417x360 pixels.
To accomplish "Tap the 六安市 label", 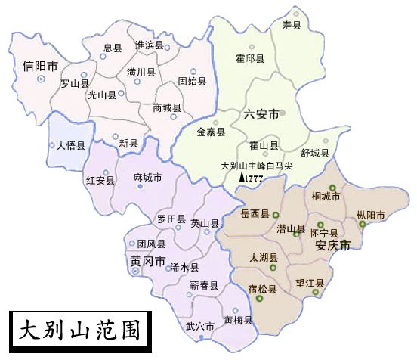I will tap(261, 114).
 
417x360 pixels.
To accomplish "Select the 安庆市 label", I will tap(332, 245).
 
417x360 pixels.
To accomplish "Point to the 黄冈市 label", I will tap(147, 261).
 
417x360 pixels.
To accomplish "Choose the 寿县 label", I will tap(291, 26).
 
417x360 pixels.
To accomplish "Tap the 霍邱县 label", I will tap(250, 57).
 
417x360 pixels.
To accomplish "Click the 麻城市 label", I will tap(147, 178).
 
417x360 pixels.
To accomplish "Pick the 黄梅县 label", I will tap(238, 320).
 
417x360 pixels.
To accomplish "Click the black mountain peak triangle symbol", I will tap(242, 177).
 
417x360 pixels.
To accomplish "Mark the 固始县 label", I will tap(192, 81).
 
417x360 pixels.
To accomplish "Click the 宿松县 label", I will tap(262, 289).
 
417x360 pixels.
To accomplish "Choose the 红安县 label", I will tap(100, 180).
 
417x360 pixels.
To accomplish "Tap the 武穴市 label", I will tap(199, 327).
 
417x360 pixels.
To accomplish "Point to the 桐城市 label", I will tap(326, 197).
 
